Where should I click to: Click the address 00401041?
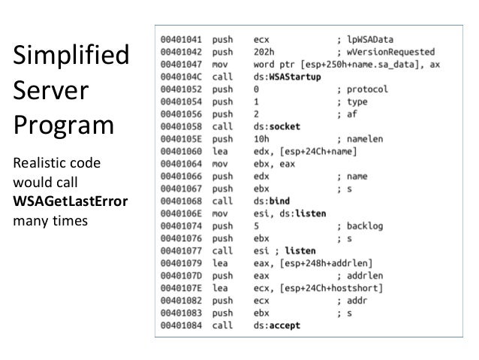pos(181,35)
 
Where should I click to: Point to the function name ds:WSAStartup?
pos(288,76)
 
